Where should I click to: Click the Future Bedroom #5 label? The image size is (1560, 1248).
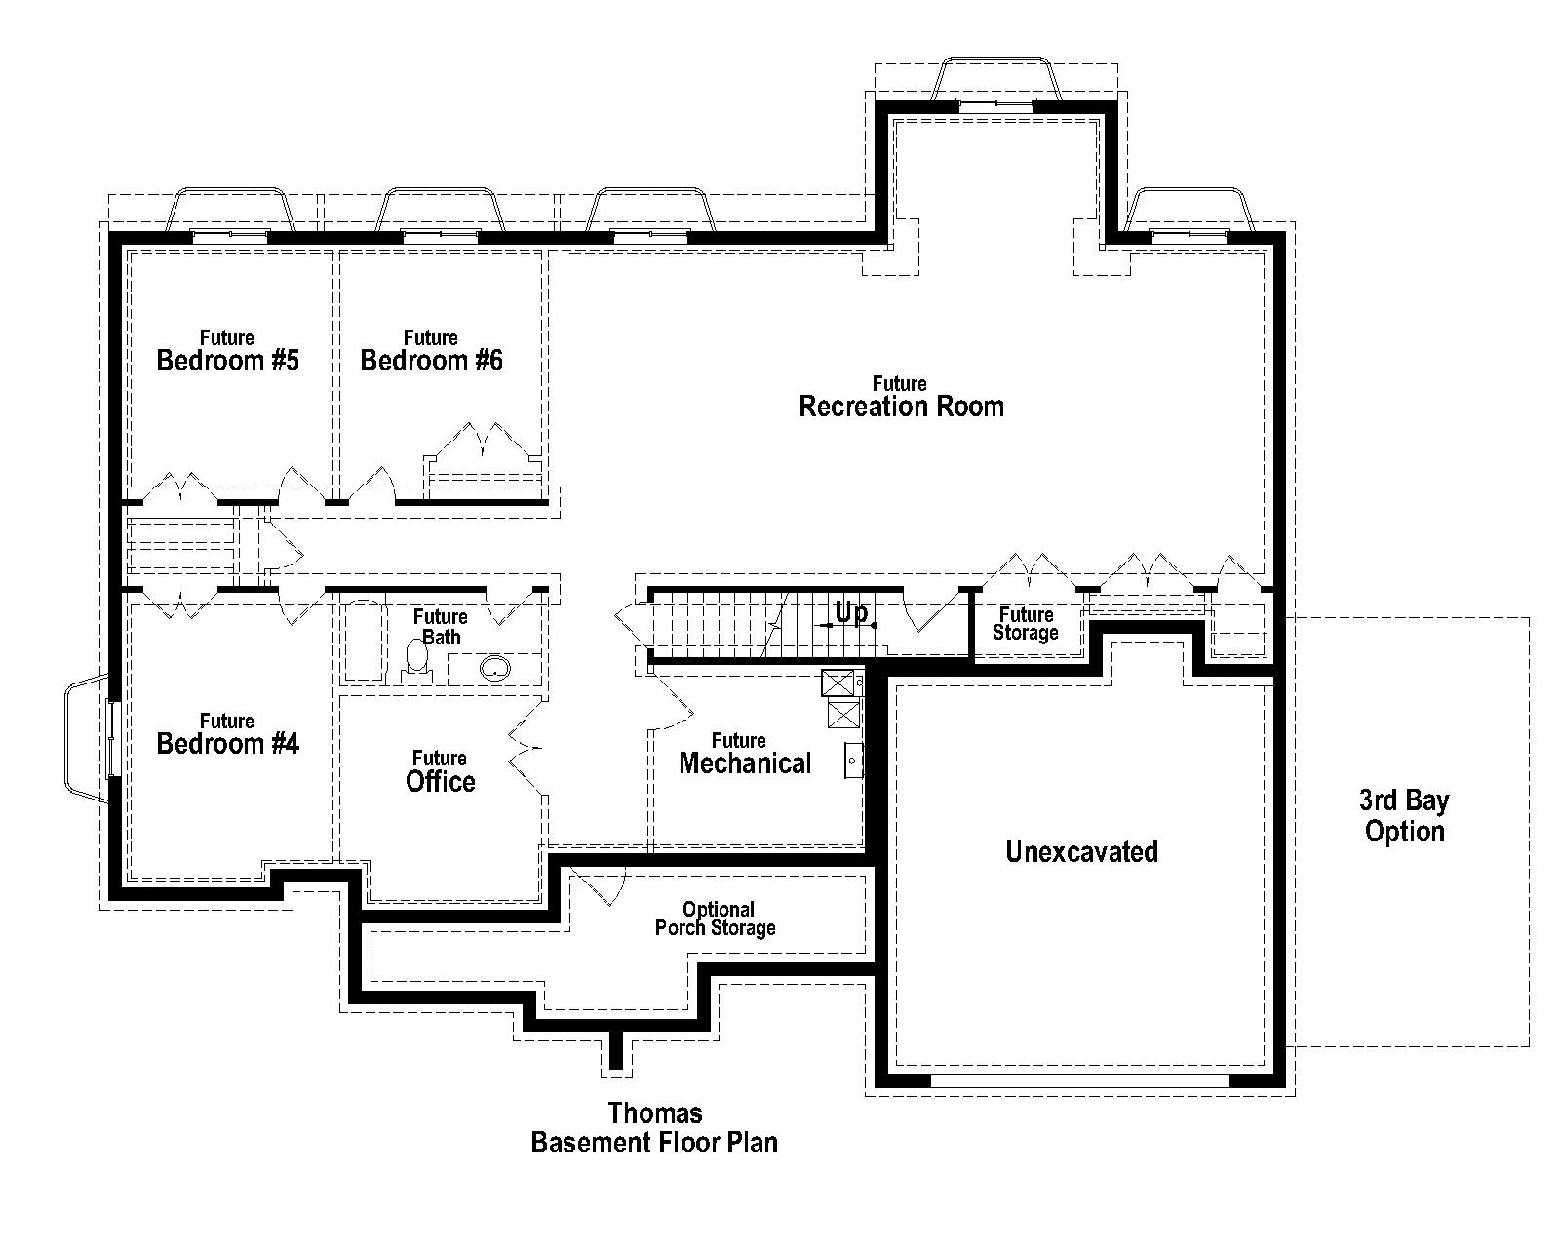(227, 351)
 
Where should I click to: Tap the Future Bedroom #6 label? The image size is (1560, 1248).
(431, 351)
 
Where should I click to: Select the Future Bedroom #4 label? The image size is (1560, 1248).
(227, 734)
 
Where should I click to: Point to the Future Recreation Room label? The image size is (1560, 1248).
(900, 397)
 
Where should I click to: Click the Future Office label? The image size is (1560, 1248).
(440, 771)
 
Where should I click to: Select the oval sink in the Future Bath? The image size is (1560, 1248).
(495, 668)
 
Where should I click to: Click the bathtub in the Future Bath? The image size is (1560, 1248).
(363, 641)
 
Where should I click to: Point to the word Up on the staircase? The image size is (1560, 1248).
(850, 613)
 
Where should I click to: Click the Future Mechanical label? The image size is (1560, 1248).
(744, 754)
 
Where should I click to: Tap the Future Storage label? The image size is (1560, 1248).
(1026, 624)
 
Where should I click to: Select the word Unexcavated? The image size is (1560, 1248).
(1081, 851)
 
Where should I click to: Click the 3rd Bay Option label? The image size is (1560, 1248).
(1404, 815)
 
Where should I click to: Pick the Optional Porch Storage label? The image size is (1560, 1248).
(716, 918)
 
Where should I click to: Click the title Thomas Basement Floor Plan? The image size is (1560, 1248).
(654, 1127)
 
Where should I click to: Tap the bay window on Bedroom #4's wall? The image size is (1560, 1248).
(88, 737)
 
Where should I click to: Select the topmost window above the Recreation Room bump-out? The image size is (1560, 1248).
(995, 83)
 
